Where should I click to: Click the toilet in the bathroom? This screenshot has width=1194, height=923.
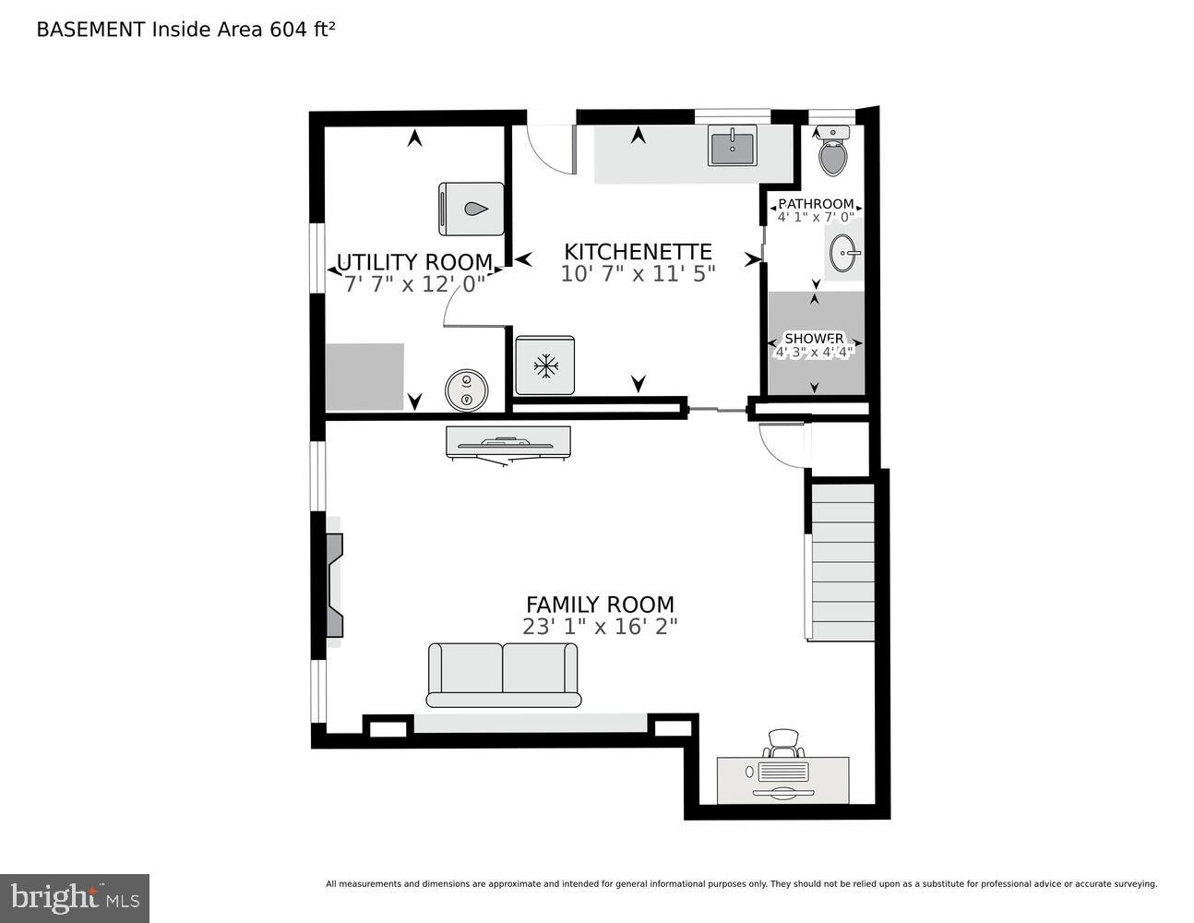point(833,153)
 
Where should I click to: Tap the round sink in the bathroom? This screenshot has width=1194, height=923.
point(844,251)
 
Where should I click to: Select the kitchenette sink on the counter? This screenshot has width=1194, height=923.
point(733,146)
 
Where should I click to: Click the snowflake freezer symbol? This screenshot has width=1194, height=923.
point(545,366)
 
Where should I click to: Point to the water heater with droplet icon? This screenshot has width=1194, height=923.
point(472,210)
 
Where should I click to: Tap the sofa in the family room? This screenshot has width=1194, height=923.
point(503,675)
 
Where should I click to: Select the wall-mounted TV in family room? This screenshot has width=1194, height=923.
point(507,442)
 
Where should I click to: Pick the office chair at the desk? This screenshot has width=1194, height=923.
point(783,741)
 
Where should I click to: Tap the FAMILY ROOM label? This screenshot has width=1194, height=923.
point(600,605)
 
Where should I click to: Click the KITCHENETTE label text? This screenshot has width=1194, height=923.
point(638,252)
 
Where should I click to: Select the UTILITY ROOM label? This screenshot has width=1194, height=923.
point(414,263)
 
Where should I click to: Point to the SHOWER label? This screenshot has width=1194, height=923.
point(813,338)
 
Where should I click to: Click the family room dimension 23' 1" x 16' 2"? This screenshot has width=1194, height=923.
point(600,627)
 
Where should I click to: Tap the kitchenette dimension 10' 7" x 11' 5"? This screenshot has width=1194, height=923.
point(638,274)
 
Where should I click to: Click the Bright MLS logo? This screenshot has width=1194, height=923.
point(74,897)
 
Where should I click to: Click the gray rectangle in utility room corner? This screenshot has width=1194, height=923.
point(364,377)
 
